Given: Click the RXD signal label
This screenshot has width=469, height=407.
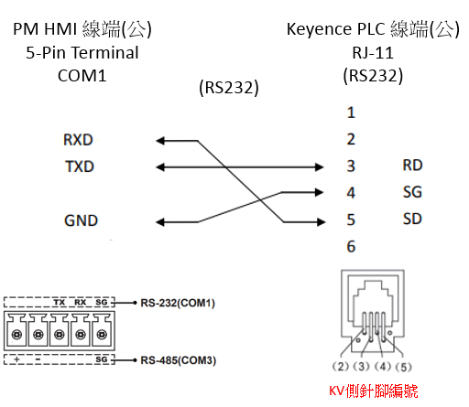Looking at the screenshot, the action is (78, 140).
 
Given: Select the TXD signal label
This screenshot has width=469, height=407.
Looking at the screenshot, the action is (80, 166).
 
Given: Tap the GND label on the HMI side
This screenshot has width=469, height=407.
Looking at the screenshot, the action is (81, 220).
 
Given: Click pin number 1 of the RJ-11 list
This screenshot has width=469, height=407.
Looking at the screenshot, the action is (351, 112).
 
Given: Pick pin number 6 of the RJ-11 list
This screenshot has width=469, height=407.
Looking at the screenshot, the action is (351, 246).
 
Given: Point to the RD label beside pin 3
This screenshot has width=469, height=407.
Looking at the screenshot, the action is (412, 166).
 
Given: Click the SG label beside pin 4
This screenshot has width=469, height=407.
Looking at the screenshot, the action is (412, 192).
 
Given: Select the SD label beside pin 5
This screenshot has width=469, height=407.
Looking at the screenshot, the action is (412, 219).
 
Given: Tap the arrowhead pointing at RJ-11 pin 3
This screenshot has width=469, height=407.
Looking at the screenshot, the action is (319, 166).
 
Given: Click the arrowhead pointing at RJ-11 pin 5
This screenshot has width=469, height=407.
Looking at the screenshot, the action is (322, 222).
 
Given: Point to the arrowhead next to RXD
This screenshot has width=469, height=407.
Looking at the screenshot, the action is (160, 141).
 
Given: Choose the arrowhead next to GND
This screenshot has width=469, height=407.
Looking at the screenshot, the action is (160, 222).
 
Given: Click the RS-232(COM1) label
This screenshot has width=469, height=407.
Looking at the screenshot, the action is (178, 303).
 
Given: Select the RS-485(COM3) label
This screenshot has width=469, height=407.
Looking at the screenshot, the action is (179, 360).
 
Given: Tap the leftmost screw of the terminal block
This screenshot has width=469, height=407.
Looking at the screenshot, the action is (16, 335).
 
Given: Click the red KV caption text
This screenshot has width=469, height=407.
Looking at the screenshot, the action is (373, 391).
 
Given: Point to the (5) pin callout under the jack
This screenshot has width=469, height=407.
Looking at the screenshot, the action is (404, 367).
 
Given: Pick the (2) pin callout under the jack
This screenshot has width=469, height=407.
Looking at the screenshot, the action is (340, 366).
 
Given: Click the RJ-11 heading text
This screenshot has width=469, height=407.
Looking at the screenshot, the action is (373, 53).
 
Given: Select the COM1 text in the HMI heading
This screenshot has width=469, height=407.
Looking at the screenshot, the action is (82, 76).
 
